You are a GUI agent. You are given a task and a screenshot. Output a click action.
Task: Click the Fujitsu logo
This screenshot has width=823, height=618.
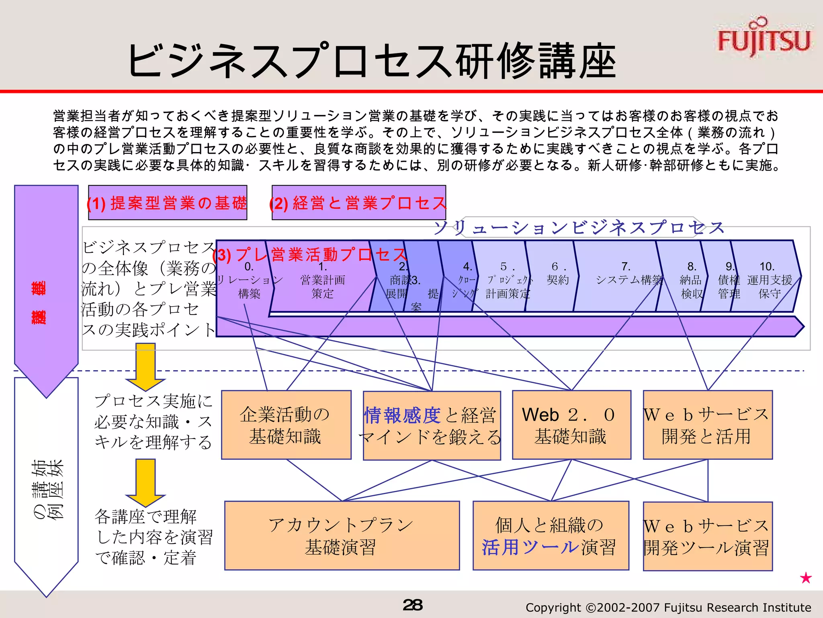coord(764,38)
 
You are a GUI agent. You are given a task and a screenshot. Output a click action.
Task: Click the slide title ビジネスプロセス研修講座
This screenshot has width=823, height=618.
coord(372,61)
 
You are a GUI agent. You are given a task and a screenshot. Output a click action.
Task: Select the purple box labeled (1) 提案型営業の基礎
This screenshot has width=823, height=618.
coord(168,203)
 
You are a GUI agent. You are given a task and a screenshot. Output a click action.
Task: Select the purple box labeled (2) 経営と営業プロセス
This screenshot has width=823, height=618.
coord(358,203)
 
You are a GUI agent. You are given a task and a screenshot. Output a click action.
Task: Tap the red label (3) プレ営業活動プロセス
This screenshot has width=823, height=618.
coord(310,255)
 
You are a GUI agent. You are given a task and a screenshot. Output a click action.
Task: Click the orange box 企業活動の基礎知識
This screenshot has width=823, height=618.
coord(286,425)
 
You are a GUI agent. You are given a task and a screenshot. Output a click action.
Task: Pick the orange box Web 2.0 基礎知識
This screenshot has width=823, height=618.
coord(571,425)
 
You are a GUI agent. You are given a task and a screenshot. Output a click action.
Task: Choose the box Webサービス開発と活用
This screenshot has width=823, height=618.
coord(707,425)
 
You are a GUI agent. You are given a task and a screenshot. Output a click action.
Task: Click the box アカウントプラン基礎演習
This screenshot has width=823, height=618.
coord(342,536)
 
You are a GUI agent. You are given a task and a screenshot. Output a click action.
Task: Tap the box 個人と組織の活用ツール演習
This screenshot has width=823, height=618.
coord(551,536)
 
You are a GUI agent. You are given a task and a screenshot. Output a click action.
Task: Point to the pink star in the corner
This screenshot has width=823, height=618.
coord(806,578)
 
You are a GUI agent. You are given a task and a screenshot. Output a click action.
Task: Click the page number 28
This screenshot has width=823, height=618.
coord(412,605)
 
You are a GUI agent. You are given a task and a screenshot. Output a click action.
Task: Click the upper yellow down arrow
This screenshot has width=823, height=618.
coord(145,366)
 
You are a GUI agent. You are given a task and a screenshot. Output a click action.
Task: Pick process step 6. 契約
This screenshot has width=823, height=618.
coord(558,274)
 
